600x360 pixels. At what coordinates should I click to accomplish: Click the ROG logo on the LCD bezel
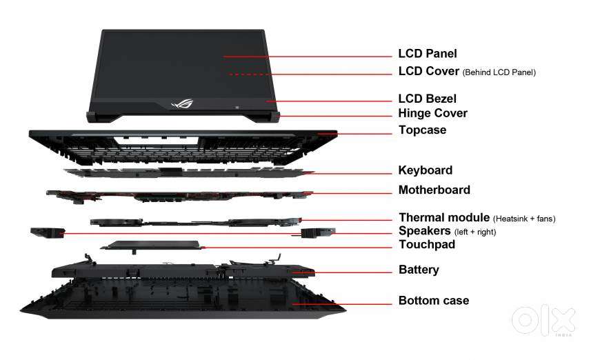[x=182, y=103]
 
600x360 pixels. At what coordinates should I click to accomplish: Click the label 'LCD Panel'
[x=428, y=54]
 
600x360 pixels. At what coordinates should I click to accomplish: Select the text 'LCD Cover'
[x=428, y=71]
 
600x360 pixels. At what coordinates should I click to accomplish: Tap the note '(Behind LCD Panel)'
[x=499, y=72]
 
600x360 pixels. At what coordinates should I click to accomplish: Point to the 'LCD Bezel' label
[x=427, y=99]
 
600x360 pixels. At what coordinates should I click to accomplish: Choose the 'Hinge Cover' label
[x=433, y=113]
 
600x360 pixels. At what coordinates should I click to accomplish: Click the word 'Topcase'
[x=423, y=130]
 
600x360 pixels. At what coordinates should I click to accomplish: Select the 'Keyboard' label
[x=425, y=170]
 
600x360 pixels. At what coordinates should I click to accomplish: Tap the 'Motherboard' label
[x=434, y=190]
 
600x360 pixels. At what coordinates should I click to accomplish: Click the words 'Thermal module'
[x=444, y=217]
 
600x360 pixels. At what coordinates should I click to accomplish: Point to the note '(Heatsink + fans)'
[x=524, y=219]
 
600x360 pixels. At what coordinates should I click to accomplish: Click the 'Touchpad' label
[x=427, y=244]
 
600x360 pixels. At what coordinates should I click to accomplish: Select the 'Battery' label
[x=419, y=270]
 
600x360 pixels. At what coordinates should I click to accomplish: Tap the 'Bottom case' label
[x=434, y=301]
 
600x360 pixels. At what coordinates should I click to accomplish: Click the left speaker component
[x=48, y=232]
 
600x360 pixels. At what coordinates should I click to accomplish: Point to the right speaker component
[x=318, y=232]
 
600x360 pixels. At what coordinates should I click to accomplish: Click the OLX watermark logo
[x=543, y=321]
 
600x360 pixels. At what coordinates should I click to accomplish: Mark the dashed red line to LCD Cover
[x=311, y=74]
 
